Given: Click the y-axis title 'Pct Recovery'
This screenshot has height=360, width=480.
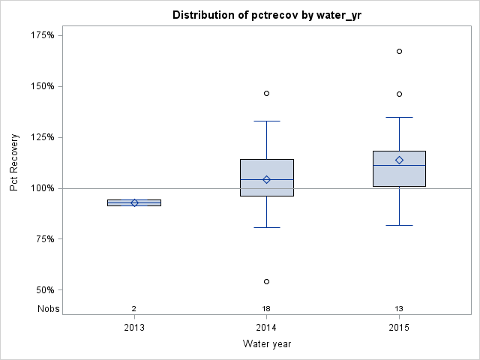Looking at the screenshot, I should [x=14, y=163].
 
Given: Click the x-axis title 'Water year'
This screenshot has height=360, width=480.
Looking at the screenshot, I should [x=267, y=344].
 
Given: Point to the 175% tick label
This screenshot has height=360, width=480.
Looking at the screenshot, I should [x=41, y=35].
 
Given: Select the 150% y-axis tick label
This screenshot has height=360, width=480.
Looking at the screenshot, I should [x=41, y=86].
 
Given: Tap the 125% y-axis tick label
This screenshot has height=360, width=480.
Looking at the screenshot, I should [x=41, y=137].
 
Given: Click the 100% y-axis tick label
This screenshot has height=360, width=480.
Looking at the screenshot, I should [x=41, y=188].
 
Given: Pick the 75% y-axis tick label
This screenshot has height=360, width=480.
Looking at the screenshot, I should [x=43, y=239].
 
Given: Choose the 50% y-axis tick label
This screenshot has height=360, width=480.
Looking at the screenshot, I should [x=43, y=290].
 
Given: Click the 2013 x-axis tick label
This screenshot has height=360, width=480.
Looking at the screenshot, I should [x=134, y=328].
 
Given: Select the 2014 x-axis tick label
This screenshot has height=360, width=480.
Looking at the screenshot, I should [x=266, y=328].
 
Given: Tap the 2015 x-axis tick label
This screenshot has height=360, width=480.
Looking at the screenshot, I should [x=399, y=328].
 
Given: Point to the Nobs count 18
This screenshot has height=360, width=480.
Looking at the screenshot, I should [x=266, y=309].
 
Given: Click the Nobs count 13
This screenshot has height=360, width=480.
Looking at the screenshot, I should [x=399, y=309].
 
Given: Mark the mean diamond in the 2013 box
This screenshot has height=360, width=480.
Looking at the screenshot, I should [x=134, y=202].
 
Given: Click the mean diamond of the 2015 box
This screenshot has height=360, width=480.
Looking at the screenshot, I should [x=399, y=160].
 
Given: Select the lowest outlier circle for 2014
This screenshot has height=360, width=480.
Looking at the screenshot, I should [x=266, y=281].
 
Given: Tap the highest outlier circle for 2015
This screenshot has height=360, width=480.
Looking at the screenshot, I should [x=399, y=51].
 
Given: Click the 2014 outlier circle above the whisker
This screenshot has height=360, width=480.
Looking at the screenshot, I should [x=266, y=93].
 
